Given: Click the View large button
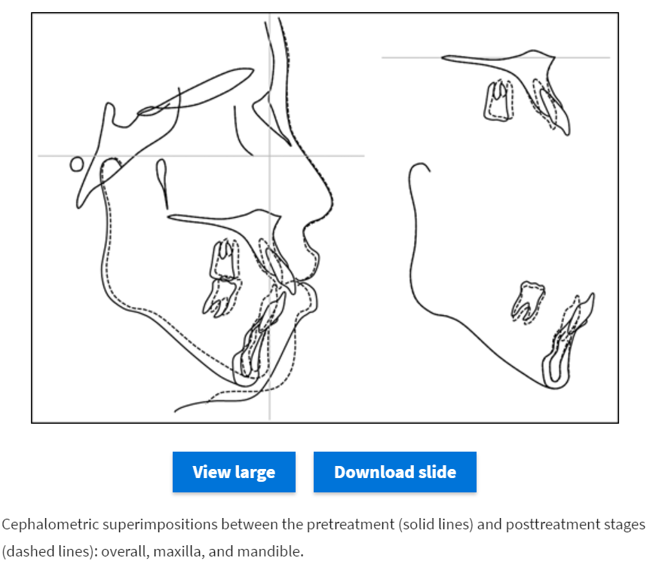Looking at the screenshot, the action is tap(234, 472).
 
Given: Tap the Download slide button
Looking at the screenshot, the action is tap(395, 472).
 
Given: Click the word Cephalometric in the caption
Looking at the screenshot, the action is tap(51, 525).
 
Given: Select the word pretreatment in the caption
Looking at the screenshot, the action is tap(351, 525).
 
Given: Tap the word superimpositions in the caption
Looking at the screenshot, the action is tap(160, 525).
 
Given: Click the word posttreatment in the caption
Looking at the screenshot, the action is tap(553, 525).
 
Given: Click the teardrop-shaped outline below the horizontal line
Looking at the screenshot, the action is tap(162, 182).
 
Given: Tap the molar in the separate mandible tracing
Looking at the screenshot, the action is tap(528, 302).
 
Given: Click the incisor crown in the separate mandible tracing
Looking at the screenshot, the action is tap(583, 310).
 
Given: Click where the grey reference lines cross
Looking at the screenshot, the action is tap(269, 156).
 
